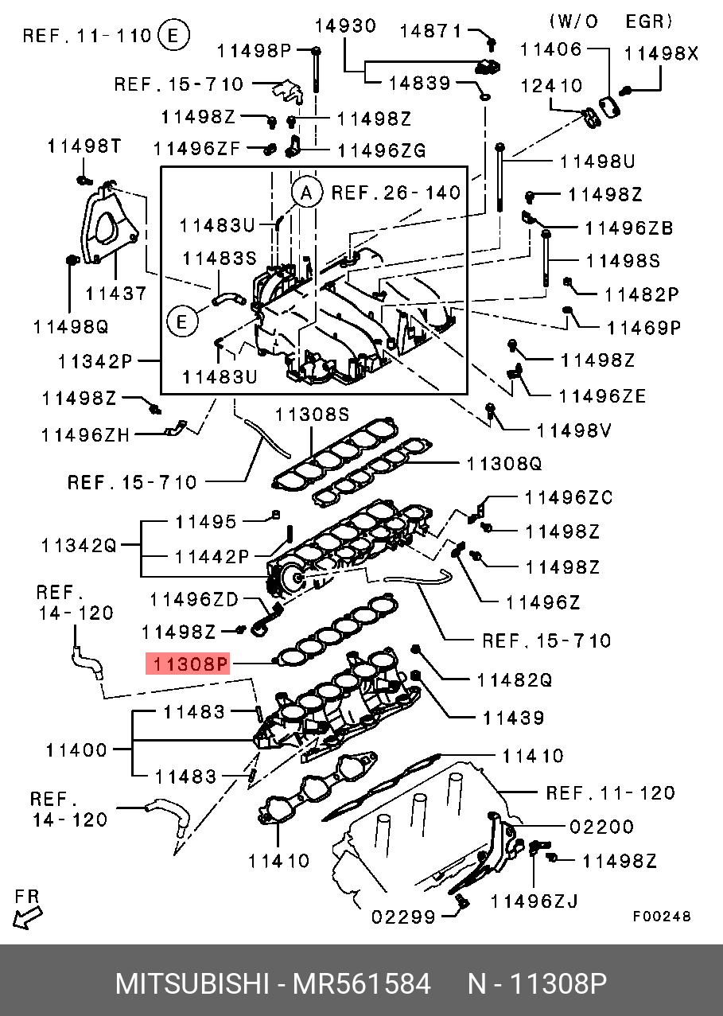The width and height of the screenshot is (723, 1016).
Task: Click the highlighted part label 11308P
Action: (x=187, y=664)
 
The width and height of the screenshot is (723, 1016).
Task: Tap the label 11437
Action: (x=116, y=293)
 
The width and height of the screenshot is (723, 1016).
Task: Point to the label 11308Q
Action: (x=503, y=462)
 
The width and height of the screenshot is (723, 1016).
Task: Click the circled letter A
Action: (x=306, y=192)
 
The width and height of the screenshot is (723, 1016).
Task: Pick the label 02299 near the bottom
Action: (x=403, y=917)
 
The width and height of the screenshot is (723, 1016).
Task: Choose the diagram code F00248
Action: (x=662, y=917)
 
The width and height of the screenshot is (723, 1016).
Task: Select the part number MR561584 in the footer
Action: (x=362, y=984)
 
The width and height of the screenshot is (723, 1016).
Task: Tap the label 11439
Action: (x=513, y=718)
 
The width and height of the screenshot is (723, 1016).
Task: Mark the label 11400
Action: (x=76, y=749)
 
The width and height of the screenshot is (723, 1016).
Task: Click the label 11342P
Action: (x=95, y=362)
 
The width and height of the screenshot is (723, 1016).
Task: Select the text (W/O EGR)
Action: (x=611, y=21)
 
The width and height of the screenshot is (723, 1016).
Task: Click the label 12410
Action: (x=551, y=86)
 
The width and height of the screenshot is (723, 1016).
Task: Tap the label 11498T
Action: (x=84, y=146)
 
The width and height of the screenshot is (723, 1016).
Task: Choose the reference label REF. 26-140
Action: (x=395, y=193)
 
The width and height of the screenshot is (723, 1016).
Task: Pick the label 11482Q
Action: (x=514, y=680)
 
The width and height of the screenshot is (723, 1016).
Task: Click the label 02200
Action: (x=601, y=827)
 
